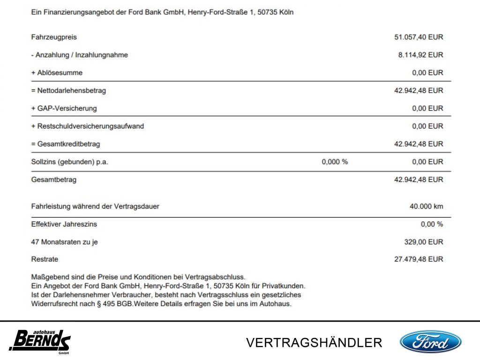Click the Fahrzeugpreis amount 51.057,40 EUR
click(x=419, y=37)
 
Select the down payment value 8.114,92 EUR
click(x=420, y=55)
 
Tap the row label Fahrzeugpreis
click(x=54, y=37)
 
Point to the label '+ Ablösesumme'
click(x=57, y=73)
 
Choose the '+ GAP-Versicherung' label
click(x=64, y=108)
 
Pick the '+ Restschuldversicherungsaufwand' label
click(x=88, y=126)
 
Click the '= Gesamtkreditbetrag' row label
click(x=66, y=144)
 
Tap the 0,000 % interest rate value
click(x=335, y=162)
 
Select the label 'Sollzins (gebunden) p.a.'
click(x=73, y=162)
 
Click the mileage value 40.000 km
click(x=426, y=206)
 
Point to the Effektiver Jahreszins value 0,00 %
click(x=432, y=224)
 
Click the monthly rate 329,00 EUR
click(x=423, y=242)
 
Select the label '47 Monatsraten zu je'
click(x=65, y=242)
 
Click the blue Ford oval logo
click(x=430, y=341)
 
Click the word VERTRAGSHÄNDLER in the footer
click(x=314, y=343)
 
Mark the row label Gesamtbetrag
click(x=54, y=180)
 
